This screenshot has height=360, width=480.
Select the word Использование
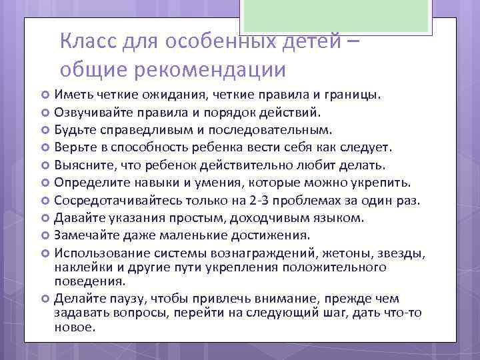click(x=99, y=252)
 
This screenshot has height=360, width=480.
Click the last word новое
click(x=75, y=327)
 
